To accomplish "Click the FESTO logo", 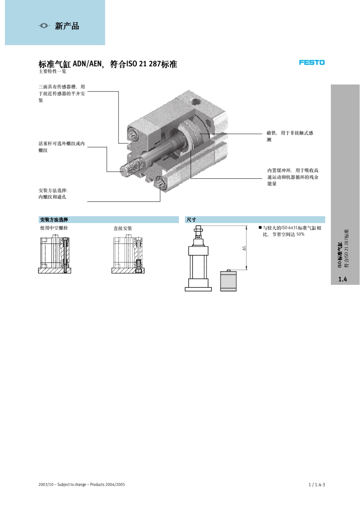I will tap(311, 63).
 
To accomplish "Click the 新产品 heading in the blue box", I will tap(67, 26).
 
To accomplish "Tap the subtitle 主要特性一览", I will tap(52, 71).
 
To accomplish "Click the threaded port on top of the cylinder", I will tap(195, 101).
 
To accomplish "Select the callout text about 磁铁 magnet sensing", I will tap(290, 136).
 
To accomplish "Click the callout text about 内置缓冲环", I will tap(293, 177).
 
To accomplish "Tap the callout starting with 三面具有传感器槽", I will tap(62, 93).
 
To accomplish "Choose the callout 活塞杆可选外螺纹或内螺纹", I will tap(62, 147).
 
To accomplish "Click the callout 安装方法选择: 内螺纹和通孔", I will tap(53, 194).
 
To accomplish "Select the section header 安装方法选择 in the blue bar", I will tap(54, 220).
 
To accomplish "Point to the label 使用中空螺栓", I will tap(54, 228).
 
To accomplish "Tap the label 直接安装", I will tap(123, 228).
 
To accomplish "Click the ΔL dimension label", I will tap(244, 248).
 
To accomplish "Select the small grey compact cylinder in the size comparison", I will tap(228, 281).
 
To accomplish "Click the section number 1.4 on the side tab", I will tap(343, 279).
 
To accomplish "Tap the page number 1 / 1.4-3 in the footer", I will tap(317, 485).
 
